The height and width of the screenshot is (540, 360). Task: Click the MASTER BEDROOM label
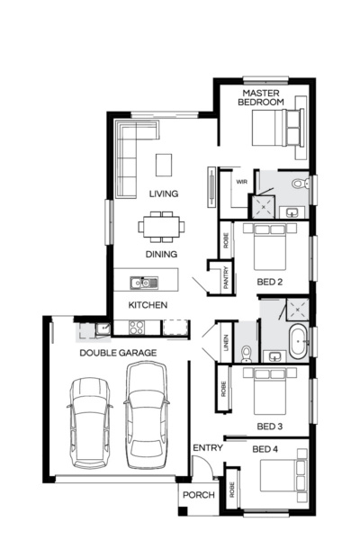click(x=261, y=97)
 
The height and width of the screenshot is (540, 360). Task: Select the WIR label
click(x=241, y=182)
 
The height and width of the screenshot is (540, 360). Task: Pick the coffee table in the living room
click(x=163, y=165)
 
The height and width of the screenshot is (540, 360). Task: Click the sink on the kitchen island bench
click(x=141, y=283)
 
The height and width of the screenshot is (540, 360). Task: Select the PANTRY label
click(x=225, y=278)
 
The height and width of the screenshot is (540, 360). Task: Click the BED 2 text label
click(x=270, y=282)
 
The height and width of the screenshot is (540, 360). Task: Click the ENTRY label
click(x=206, y=447)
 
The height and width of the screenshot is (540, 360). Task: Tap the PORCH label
click(x=198, y=495)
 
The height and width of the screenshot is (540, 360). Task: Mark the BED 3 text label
click(x=270, y=426)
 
